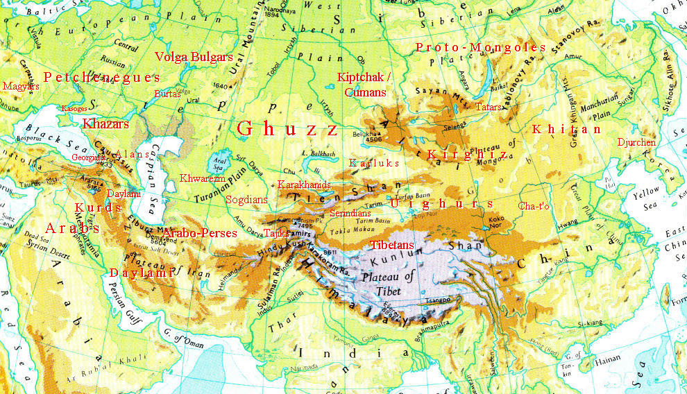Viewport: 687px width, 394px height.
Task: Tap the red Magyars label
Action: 17,87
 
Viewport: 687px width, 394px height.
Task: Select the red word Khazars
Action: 106,124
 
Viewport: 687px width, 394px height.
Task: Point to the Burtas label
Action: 167,93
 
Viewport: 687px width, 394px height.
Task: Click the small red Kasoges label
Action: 75,109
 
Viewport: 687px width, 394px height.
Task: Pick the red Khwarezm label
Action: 203,178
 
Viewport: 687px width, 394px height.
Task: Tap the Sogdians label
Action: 246,199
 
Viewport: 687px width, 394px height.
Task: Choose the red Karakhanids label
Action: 304,185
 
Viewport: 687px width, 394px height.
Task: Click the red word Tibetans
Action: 392,245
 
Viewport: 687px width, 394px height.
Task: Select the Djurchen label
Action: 636,142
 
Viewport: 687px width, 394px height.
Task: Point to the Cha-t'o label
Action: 534,205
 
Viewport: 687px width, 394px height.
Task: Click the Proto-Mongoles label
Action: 480,47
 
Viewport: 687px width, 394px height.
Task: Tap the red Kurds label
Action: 99,207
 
